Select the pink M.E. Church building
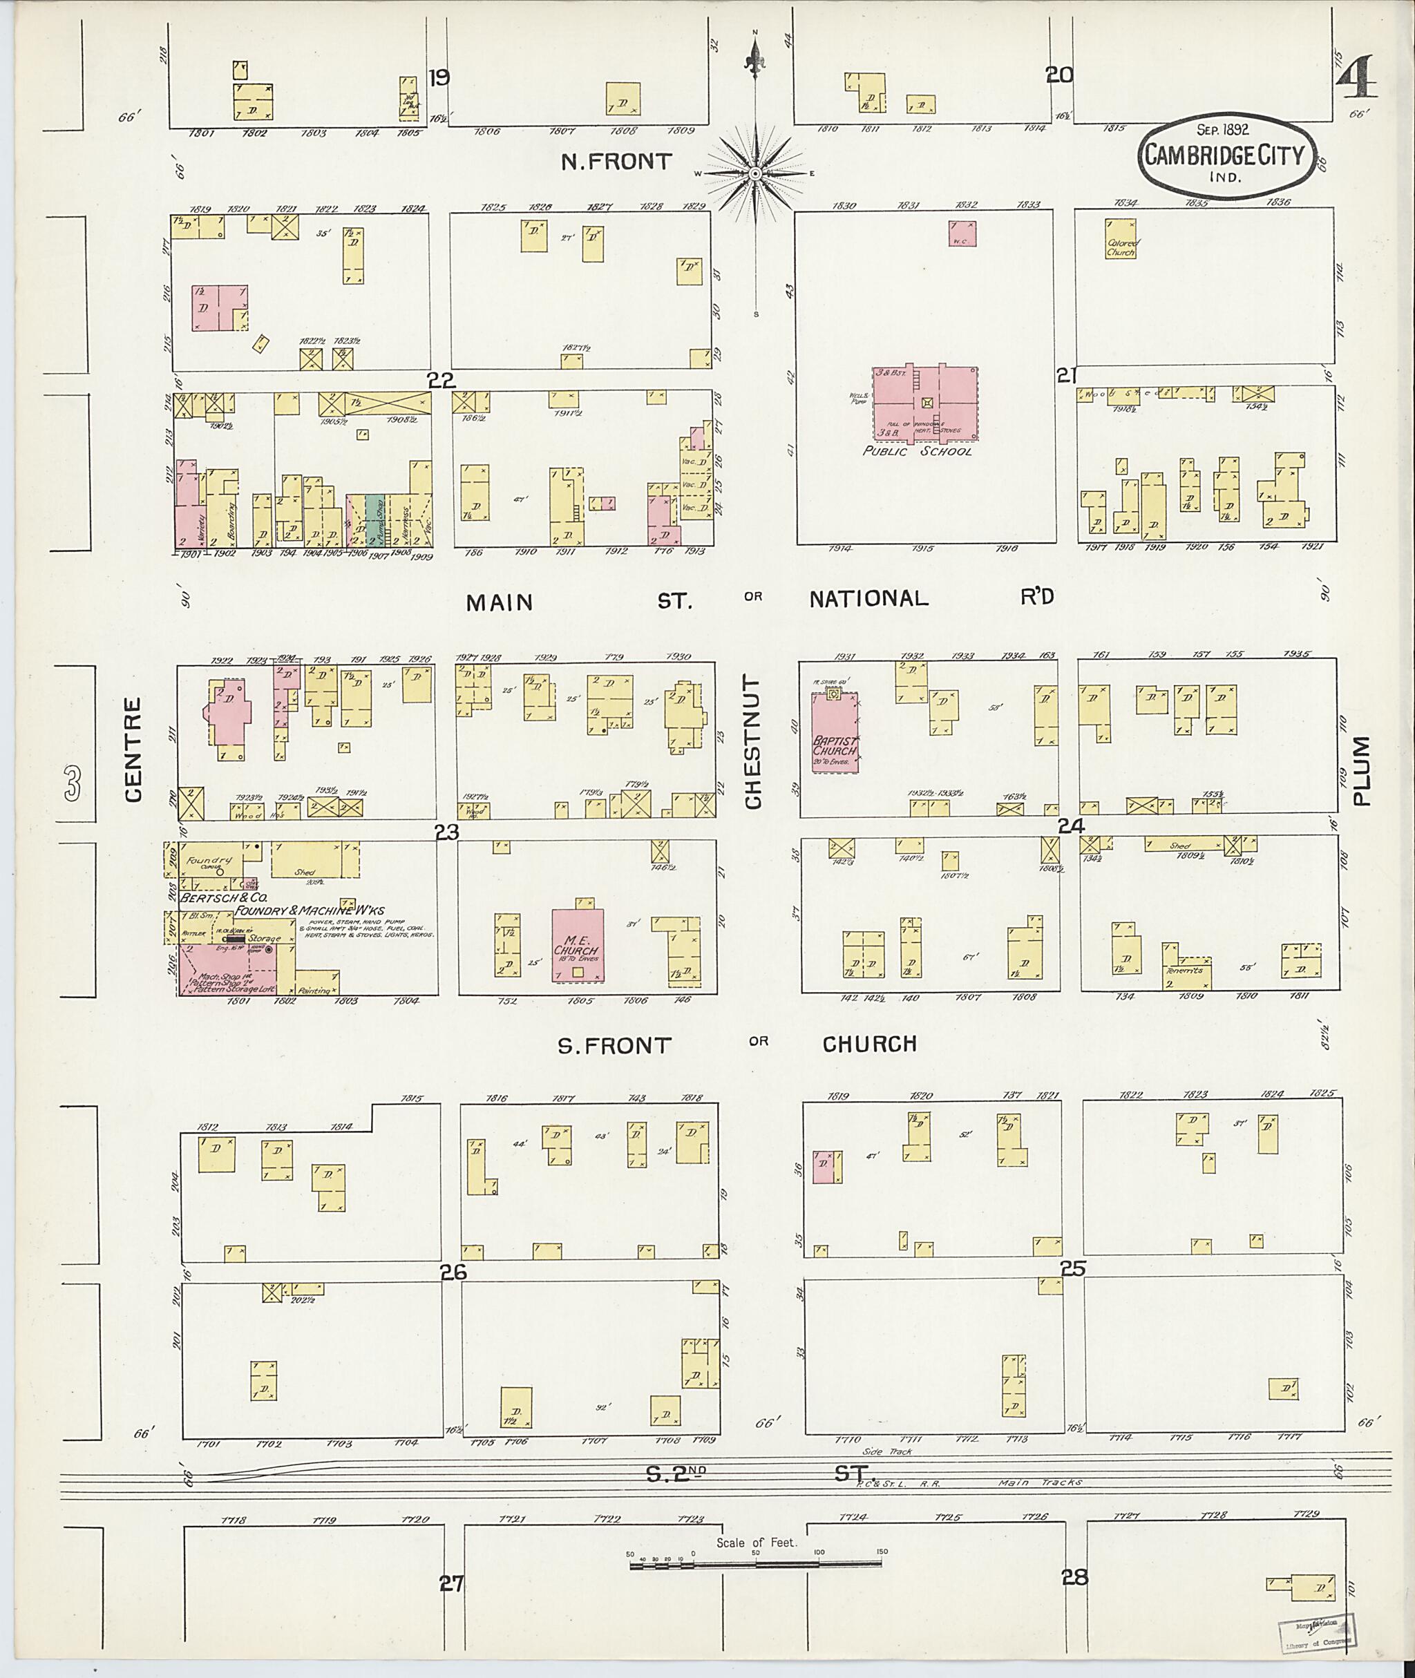pyautogui.click(x=578, y=946)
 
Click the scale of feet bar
pyautogui.click(x=754, y=1564)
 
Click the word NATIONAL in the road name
pyautogui.click(x=868, y=598)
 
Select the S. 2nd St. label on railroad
pyautogui.click(x=758, y=1474)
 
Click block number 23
pyautogui.click(x=446, y=833)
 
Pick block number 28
pyautogui.click(x=1074, y=1578)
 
